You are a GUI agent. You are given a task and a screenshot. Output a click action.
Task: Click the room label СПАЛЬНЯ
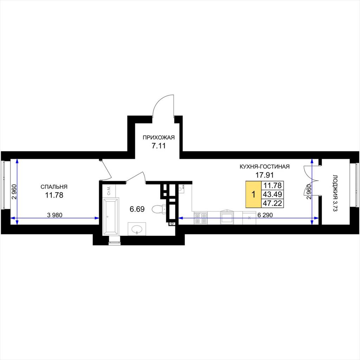click(54, 187)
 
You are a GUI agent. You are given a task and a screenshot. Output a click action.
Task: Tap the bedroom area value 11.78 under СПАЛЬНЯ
click(54, 195)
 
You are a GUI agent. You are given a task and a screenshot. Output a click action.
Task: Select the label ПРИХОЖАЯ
click(159, 137)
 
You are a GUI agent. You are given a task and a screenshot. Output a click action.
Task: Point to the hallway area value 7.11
click(159, 146)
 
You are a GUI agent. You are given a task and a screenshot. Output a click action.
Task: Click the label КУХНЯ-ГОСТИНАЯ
click(264, 166)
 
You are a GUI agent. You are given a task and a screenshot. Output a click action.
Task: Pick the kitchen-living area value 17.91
click(265, 175)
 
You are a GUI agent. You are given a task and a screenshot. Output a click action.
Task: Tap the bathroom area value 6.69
click(137, 209)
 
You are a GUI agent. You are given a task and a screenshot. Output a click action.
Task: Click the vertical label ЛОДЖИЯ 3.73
click(335, 193)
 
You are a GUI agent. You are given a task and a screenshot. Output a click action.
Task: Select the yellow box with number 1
click(253, 194)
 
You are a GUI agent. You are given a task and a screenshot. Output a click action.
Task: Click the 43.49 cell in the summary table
click(272, 194)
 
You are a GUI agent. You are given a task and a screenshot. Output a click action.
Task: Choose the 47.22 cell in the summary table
click(272, 203)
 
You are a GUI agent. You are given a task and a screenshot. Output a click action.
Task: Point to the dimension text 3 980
click(54, 215)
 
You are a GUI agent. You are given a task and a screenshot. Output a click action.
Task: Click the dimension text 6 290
click(265, 215)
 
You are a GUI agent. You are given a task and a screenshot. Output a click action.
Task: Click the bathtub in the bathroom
click(111, 216)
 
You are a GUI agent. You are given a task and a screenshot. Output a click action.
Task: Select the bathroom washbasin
click(137, 229)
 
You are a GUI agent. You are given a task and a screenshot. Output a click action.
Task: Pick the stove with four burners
click(201, 218)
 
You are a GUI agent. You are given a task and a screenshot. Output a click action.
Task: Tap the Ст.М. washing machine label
click(109, 191)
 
